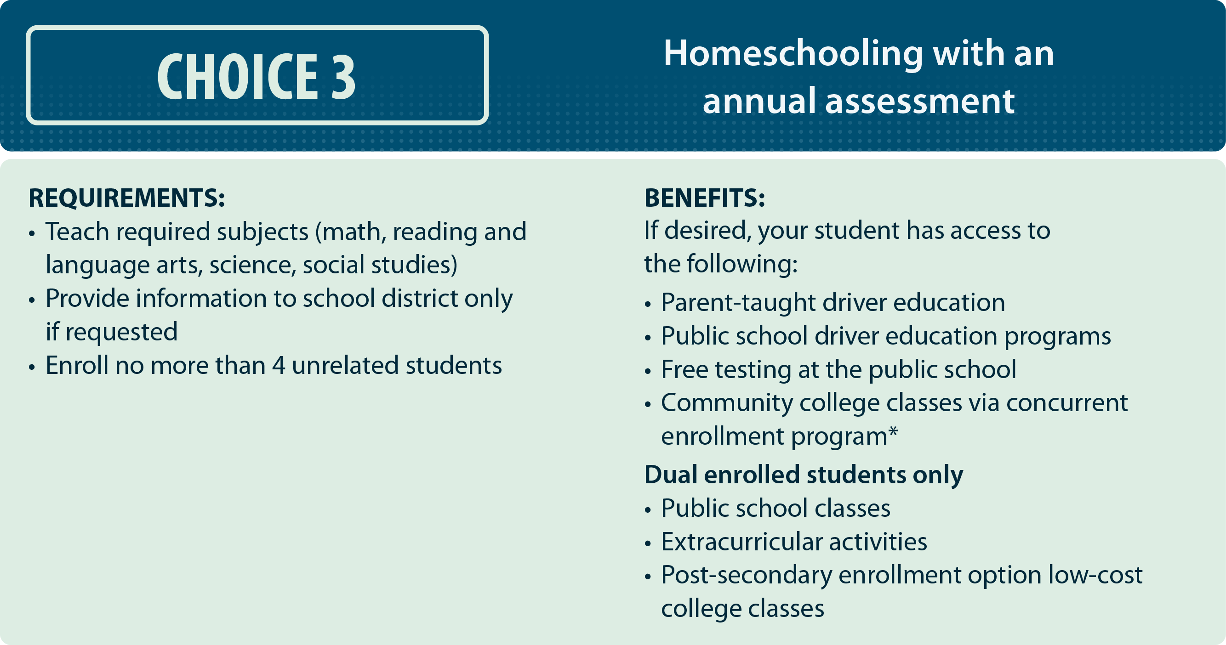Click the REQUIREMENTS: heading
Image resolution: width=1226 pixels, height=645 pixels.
[x=126, y=198]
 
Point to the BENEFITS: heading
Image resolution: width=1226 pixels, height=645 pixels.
[x=704, y=198]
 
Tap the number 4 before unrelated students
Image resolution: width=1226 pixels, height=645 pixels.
[x=279, y=366]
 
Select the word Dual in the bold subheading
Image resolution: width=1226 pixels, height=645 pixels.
[x=671, y=475]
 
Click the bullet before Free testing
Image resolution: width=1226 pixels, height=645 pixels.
[x=648, y=371]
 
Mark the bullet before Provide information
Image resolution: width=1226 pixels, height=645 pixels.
[x=32, y=300]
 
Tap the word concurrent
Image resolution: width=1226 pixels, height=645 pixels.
[x=1066, y=403]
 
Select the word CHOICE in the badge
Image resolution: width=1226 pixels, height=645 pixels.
[x=238, y=76]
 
